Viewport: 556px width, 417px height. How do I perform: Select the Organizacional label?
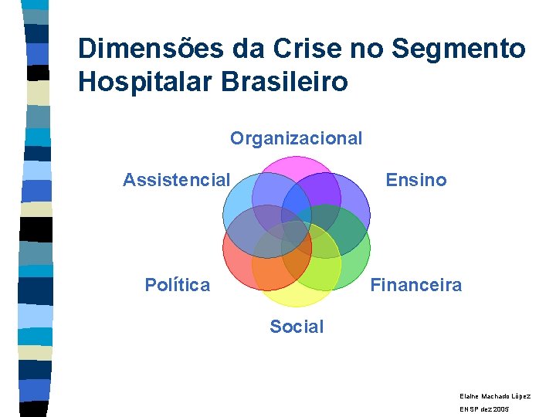tap(296, 138)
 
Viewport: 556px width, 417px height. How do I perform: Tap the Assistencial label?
tap(176, 180)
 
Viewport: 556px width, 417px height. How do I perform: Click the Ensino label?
tap(415, 180)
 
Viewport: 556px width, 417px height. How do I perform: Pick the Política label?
tap(177, 285)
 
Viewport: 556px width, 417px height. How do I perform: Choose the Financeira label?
tap(415, 285)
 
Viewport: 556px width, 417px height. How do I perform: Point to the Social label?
tap(297, 327)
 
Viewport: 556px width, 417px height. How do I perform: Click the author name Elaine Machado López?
tap(495, 395)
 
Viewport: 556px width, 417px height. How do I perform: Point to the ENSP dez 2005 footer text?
tap(484, 409)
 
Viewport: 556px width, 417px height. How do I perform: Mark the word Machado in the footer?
tap(495, 395)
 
